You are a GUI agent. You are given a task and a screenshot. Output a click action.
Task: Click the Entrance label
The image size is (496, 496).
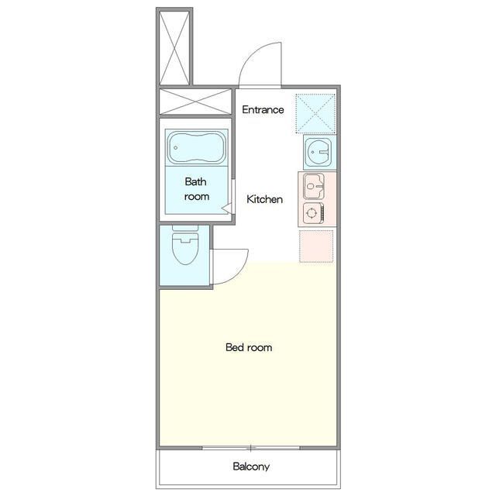pyautogui.click(x=263, y=110)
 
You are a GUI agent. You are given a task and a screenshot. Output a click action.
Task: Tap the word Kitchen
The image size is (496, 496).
pyautogui.click(x=264, y=199)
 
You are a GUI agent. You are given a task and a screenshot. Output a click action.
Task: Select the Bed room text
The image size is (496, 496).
pyautogui.click(x=249, y=347)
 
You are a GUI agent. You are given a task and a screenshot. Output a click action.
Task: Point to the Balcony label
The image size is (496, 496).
pyautogui.click(x=251, y=467)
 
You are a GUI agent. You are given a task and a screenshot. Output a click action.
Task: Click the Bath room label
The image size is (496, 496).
pyautogui.click(x=196, y=189)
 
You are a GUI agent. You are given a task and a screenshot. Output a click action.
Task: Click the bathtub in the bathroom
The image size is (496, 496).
pyautogui.click(x=196, y=148)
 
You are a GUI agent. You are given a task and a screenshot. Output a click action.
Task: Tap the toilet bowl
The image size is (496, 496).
pyautogui.click(x=185, y=248)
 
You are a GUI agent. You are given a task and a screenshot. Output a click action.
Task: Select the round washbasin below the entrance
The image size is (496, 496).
pyautogui.click(x=318, y=152)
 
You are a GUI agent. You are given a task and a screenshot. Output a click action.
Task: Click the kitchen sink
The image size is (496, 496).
pyautogui.click(x=313, y=186)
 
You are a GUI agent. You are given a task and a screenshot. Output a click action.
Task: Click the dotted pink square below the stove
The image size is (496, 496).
pyautogui.click(x=316, y=246)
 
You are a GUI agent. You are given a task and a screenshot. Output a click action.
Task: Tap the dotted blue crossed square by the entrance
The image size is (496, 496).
pyautogui.click(x=315, y=113)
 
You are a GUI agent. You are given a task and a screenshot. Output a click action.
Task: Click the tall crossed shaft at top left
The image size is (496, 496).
pyautogui.click(x=174, y=48)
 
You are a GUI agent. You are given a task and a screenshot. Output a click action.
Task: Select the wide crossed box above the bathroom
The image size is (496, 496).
pyautogui.click(x=195, y=102)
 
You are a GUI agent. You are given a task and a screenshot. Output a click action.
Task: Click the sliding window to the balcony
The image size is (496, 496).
pyautogui.click(x=251, y=448)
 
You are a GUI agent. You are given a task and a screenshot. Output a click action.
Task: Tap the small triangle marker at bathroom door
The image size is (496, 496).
pyautogui.click(x=226, y=208)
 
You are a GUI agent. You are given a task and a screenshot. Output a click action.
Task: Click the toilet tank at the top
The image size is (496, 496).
pyautogui.click(x=185, y=228)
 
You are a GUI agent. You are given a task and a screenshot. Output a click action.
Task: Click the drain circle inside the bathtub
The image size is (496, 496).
pyautogui.click(x=176, y=148)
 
